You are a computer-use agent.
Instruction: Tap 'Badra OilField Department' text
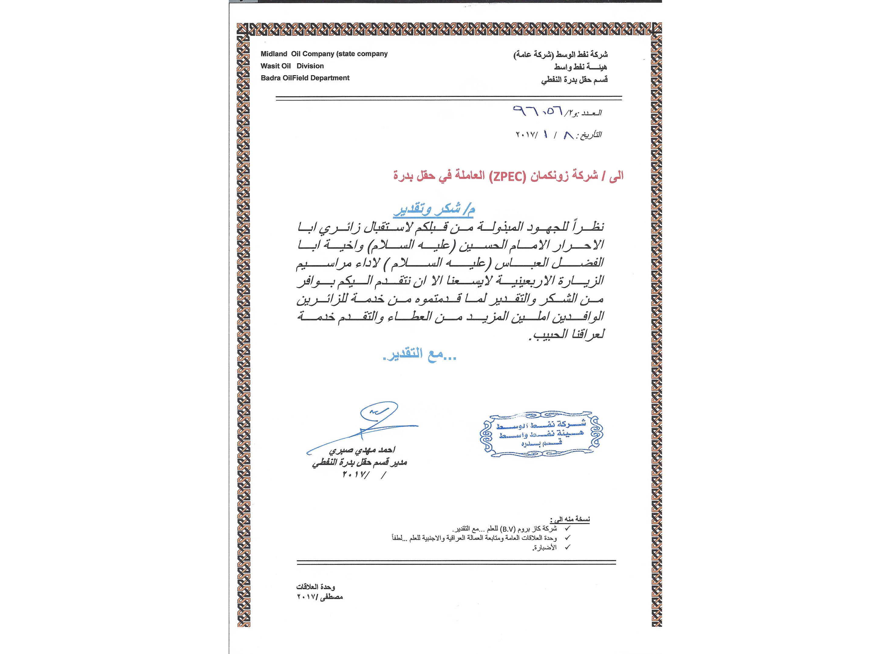pyautogui.click(x=305, y=78)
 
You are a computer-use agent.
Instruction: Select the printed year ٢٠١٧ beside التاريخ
pyautogui.click(x=526, y=135)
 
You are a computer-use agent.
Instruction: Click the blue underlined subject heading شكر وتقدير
pyautogui.click(x=434, y=210)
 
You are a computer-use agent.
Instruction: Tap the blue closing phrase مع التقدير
pyautogui.click(x=420, y=355)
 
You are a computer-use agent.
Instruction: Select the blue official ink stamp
pyautogui.click(x=541, y=434)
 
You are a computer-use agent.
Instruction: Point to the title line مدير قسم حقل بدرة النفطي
pyautogui.click(x=359, y=463)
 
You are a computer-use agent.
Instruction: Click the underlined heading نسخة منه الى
pyautogui.click(x=570, y=519)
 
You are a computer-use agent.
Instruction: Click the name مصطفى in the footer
pyautogui.click(x=332, y=597)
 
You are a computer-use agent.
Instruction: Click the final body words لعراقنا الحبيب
pyautogui.click(x=567, y=334)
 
